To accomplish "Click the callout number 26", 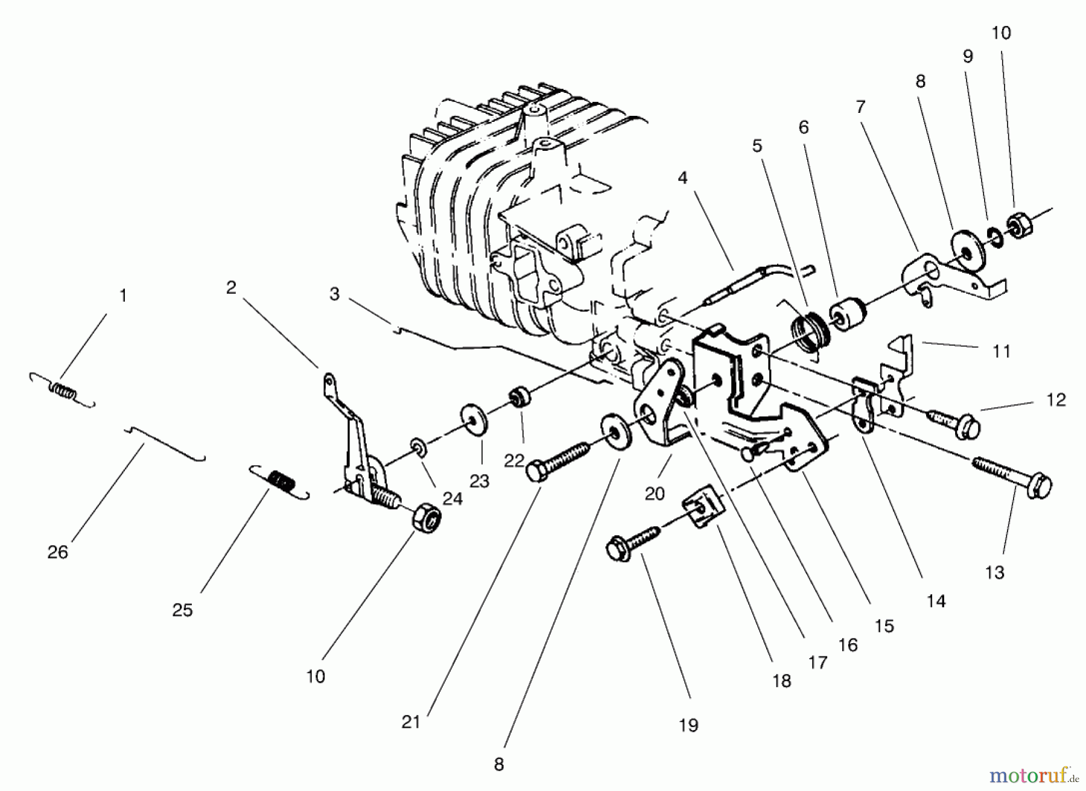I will (58, 551).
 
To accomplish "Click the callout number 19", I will (688, 725).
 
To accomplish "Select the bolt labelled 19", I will (634, 542).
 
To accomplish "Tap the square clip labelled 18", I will (703, 510).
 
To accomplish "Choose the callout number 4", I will (682, 178).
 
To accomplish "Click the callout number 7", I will (861, 107).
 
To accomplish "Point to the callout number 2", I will (231, 288).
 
